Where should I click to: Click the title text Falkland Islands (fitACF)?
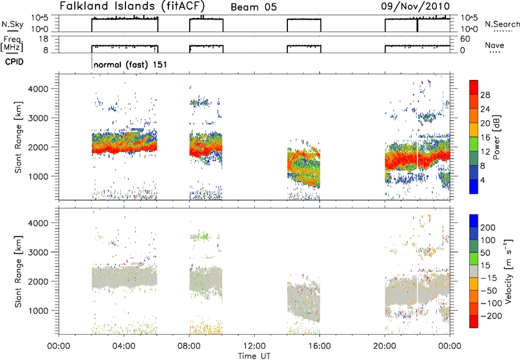[133, 6]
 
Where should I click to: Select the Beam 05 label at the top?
[253, 7]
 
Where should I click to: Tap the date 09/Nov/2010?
[415, 6]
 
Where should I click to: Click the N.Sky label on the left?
[12, 24]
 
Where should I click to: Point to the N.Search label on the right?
[502, 24]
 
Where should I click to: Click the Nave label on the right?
[495, 45]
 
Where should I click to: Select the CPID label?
[14, 62]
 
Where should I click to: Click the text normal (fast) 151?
[131, 64]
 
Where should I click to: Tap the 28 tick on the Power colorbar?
[485, 95]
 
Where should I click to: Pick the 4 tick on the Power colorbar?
[482, 180]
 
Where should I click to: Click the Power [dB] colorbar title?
[496, 137]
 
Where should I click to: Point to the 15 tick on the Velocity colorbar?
[485, 266]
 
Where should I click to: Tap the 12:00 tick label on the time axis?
[254, 346]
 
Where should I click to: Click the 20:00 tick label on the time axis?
[385, 346]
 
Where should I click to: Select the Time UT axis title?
[254, 356]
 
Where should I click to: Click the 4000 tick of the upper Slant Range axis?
[40, 89]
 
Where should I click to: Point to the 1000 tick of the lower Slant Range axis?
[40, 311]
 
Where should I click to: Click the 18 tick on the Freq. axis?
[44, 39]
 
